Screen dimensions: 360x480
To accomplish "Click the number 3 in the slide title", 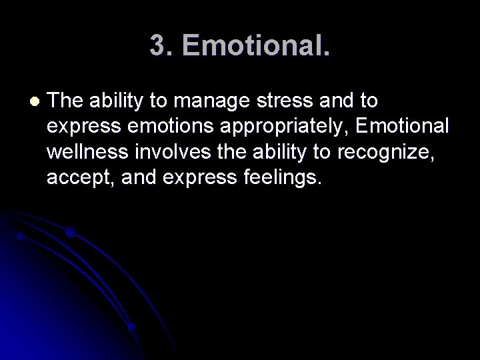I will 159,46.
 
